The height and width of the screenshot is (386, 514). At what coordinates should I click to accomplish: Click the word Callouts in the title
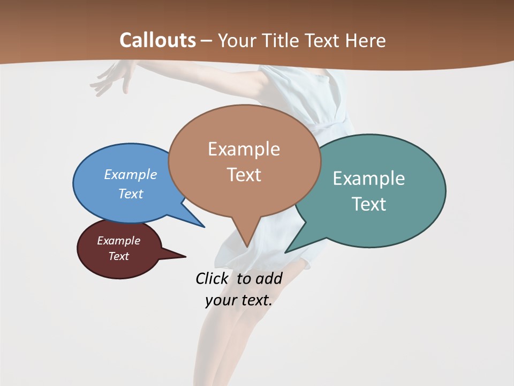(157, 40)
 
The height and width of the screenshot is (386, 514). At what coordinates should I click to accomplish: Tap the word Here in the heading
(366, 41)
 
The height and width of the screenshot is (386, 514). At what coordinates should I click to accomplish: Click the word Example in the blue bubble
(131, 174)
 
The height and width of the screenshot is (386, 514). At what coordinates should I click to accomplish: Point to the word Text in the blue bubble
(131, 194)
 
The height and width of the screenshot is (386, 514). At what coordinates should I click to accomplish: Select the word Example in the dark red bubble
(118, 241)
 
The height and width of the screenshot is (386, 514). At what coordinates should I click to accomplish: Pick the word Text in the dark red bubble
(119, 256)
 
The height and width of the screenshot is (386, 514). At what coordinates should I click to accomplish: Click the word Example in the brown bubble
(244, 149)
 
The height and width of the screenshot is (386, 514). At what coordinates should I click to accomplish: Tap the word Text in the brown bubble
(244, 175)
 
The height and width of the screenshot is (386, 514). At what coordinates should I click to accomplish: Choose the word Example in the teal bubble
(369, 179)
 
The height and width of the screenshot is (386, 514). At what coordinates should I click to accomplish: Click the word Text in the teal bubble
(369, 204)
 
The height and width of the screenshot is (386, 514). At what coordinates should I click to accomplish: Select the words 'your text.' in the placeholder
(238, 300)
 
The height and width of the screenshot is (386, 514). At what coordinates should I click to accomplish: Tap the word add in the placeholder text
(269, 278)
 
